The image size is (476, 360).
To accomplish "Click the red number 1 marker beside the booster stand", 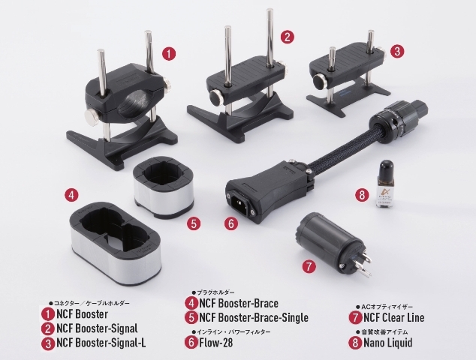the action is [169, 54].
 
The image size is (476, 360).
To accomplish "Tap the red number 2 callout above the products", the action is [288, 37].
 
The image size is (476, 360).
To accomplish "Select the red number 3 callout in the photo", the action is [397, 51].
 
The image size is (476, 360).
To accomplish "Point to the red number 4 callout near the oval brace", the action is [71, 195].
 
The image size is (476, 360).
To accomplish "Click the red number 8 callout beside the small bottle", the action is [362, 195].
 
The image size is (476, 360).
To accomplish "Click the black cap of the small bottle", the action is [384, 169].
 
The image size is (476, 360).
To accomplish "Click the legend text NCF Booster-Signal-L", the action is [101, 343].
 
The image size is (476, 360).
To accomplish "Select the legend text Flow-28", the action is [215, 343].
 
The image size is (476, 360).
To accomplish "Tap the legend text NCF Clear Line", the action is [393, 317].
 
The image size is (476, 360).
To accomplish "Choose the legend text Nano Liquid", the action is [388, 343].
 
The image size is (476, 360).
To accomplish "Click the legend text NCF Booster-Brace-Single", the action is [254, 317].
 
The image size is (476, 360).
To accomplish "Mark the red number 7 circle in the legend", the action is [355, 317].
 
